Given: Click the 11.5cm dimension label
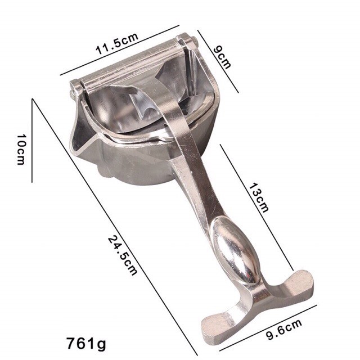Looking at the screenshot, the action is [117, 44].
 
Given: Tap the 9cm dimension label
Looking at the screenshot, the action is [222, 57].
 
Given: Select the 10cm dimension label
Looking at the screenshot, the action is [21, 150].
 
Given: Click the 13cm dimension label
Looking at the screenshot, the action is [259, 197].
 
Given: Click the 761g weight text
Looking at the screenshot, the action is [86, 344].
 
